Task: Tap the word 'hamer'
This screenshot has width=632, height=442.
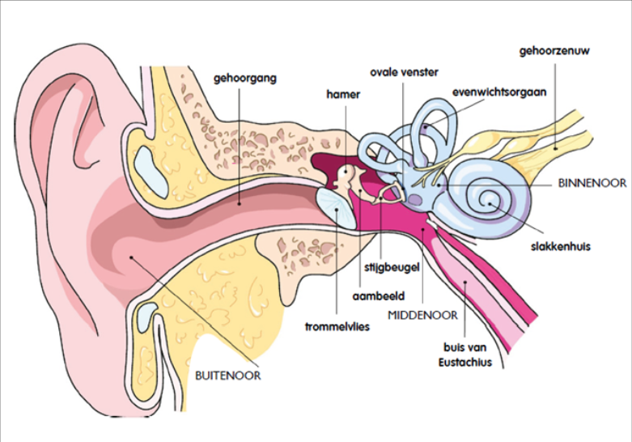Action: tap(343, 94)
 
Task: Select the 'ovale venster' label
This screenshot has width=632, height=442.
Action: tap(404, 72)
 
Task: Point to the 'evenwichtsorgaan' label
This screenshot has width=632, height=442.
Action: tap(499, 91)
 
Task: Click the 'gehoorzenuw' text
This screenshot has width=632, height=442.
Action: tap(557, 52)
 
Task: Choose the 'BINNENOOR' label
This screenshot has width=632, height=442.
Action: tap(592, 184)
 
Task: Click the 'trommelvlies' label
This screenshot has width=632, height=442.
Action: tap(333, 328)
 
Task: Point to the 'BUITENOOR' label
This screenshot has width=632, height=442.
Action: tap(228, 376)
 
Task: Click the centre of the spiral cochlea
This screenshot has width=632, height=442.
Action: tap(488, 197)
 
